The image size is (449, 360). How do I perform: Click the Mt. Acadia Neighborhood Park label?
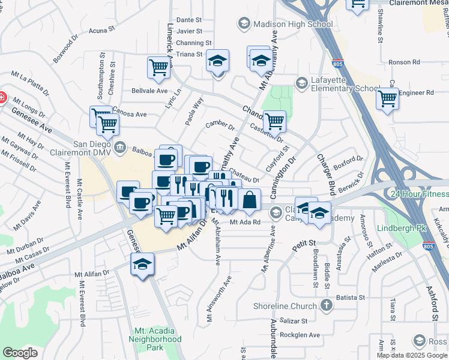click(157, 339)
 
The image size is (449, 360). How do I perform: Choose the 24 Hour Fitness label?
click(419, 194)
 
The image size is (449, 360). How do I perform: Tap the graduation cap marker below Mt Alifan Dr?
click(143, 264)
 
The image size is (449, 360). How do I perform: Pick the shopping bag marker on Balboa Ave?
click(249, 199)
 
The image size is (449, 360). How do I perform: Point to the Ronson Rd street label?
click(404, 62)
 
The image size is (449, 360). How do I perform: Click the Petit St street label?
click(304, 243)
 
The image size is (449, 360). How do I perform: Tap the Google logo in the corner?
click(20, 353)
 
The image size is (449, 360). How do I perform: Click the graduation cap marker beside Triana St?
click(217, 60)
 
